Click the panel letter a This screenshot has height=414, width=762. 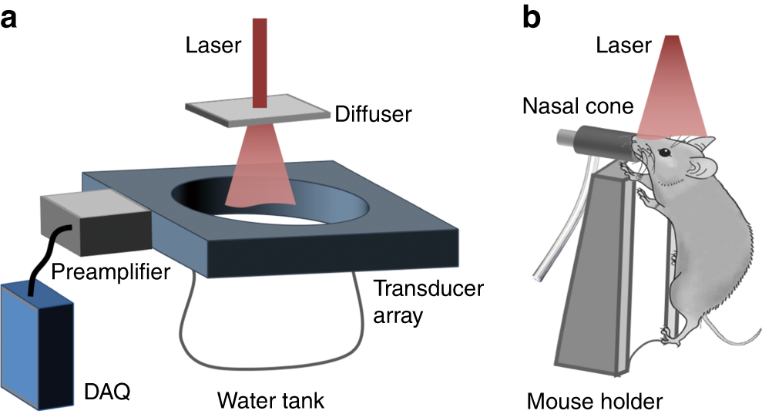(x=10, y=17)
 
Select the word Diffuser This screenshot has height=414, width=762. (x=373, y=115)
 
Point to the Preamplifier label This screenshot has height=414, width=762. (x=109, y=272)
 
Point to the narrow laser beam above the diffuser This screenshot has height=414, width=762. (x=259, y=62)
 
